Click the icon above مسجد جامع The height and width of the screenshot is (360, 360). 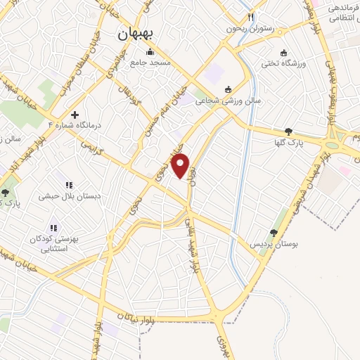[149, 52]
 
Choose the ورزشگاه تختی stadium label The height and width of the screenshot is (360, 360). [284, 64]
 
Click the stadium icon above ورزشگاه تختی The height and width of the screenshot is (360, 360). [284, 53]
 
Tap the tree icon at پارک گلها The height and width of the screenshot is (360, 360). [288, 131]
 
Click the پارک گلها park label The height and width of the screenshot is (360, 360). [288, 143]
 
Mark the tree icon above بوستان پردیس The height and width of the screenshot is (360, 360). [274, 233]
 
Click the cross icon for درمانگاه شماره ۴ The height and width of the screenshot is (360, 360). [75, 114]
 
